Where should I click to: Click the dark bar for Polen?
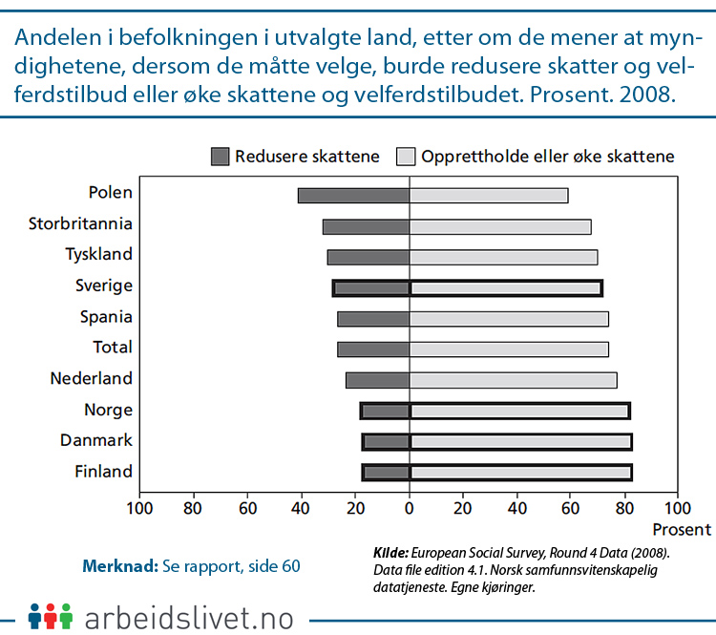point(353,196)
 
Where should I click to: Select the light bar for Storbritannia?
point(500,227)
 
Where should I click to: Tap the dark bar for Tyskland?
point(369,258)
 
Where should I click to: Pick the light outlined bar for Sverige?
point(506,288)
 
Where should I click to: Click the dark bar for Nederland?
point(378,380)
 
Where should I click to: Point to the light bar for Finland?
point(520,472)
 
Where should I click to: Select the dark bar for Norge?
point(386,412)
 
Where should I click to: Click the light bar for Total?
point(509,349)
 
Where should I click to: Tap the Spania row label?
point(104,317)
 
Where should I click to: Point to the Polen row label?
point(110,193)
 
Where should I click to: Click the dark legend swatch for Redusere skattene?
point(221,157)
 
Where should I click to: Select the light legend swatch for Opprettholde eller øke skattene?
point(406,157)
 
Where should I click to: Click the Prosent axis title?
point(682,529)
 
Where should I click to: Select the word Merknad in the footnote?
point(119,565)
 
